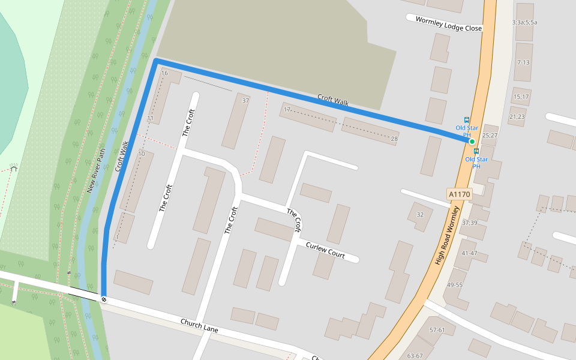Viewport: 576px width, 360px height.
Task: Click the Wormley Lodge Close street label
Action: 448,23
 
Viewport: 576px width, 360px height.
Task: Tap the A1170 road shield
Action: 459,194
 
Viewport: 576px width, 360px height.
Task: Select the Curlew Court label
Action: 325,250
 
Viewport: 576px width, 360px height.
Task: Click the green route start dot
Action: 472,142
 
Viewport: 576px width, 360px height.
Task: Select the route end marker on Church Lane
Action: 104,298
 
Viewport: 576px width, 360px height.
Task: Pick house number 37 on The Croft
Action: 245,101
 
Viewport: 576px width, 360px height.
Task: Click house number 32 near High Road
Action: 419,214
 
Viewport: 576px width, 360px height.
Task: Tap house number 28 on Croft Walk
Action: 394,139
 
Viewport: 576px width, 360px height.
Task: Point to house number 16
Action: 164,73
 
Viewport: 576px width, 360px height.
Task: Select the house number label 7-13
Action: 523,62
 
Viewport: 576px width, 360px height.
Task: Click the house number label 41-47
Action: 469,253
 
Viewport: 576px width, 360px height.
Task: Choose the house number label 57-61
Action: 437,330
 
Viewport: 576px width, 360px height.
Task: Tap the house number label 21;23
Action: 516,116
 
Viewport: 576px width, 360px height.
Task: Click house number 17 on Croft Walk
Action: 287,110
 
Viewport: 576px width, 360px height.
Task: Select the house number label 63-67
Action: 415,356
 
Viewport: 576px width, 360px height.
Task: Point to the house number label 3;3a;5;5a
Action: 524,22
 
